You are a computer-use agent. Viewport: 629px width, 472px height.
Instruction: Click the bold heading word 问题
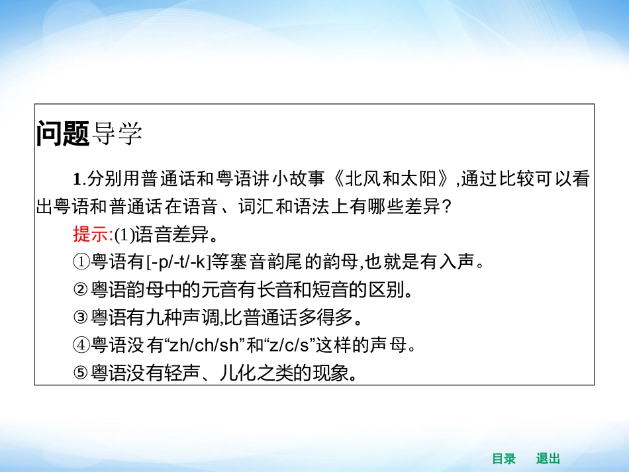[63, 134]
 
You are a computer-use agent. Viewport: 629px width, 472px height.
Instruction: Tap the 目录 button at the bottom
[503, 459]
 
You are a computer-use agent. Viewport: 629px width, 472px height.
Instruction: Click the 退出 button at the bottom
[548, 459]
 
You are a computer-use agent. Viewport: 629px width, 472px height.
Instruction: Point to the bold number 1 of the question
[77, 179]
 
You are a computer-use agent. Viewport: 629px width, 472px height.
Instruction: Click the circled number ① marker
[81, 262]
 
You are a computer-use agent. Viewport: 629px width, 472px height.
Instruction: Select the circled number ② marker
[81, 290]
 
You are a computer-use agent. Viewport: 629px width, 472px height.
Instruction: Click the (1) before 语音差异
[124, 235]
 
